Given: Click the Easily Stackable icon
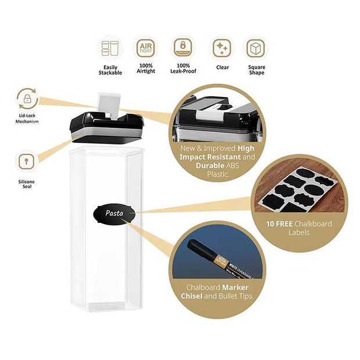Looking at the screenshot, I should (x=110, y=48).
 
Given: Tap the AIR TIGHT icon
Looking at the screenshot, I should (x=146, y=48).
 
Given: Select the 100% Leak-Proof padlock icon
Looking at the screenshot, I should (x=183, y=48).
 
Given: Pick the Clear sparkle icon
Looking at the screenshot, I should (x=221, y=48).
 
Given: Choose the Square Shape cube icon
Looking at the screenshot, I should (x=255, y=48).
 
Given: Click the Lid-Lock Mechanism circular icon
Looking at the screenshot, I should (x=27, y=99).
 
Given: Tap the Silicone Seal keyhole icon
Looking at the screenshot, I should (x=27, y=161).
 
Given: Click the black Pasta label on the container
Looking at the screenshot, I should (x=114, y=213).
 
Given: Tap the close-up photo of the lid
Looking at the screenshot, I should (x=217, y=117).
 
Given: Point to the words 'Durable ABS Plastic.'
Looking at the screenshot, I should (x=217, y=170).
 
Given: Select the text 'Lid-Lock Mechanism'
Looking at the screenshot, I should (x=27, y=118).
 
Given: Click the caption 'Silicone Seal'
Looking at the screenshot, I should (x=27, y=184).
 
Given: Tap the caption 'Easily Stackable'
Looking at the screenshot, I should (x=110, y=70).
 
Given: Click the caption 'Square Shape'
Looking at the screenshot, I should (x=255, y=70).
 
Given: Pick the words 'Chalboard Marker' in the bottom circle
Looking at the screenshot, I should (x=217, y=287).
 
